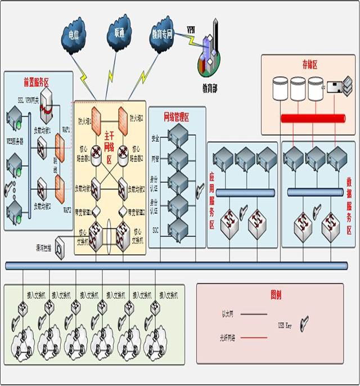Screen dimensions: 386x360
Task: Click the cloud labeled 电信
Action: coord(74,35)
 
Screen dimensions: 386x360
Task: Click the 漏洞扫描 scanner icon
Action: coord(60,247)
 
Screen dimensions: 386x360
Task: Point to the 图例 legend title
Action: coord(276,294)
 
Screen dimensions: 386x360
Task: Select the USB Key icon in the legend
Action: coord(304,325)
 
